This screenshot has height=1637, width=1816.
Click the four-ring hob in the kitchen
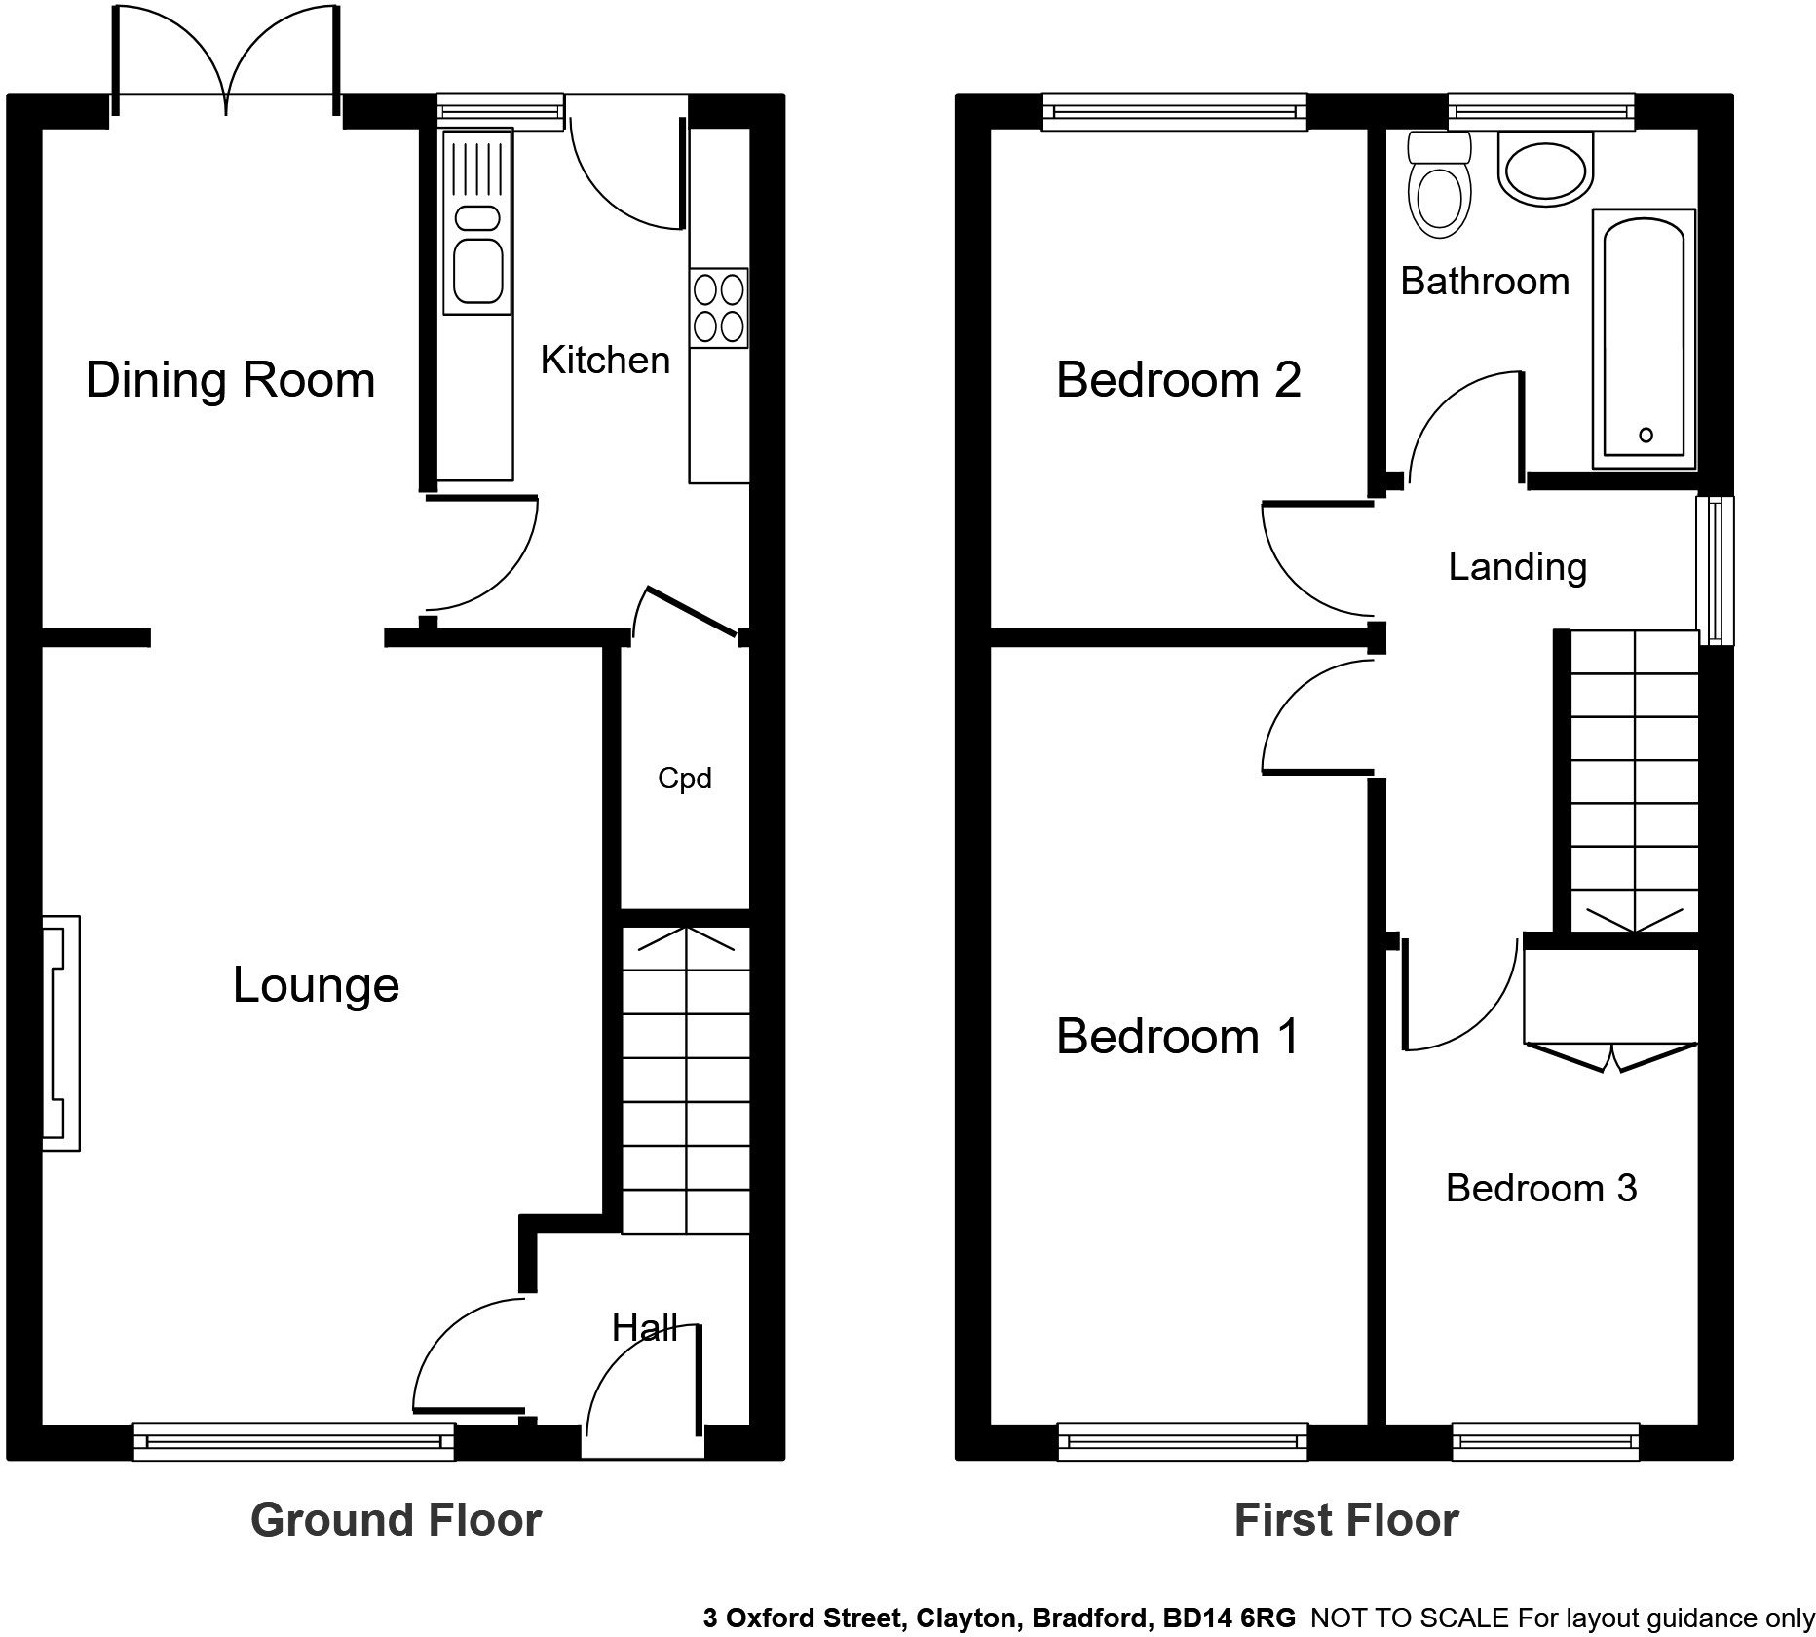pos(719,307)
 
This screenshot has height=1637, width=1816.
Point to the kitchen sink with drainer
pos(477,222)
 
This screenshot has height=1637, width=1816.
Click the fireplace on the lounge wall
pos(60,1033)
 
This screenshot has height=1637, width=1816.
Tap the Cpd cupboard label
pos(684,779)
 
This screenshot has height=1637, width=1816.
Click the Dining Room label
pos(231,379)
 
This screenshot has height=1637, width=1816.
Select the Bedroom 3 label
pos(1540,1188)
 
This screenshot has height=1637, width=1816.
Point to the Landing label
pos(1517,566)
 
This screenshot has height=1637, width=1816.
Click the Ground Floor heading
pos(396,1520)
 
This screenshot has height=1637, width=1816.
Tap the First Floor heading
pos(1346,1520)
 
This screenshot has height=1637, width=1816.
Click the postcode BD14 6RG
pos(1229,1618)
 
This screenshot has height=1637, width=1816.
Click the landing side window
pos(1715,571)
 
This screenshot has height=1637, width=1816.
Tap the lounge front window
pos(293,1441)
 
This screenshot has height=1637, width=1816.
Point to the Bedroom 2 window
pos(1174,111)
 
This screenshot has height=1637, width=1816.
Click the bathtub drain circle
pos(1646,435)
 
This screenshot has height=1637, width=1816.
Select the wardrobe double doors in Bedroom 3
pos(1611,1056)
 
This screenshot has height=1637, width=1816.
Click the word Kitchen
pos(605,361)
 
